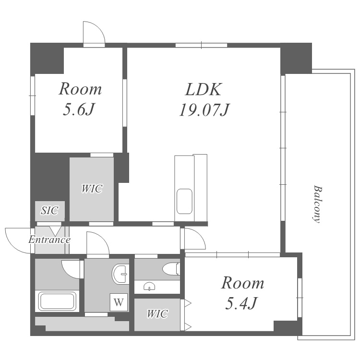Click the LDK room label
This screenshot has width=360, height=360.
pos(204,89)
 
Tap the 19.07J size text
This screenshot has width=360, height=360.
pos(204,110)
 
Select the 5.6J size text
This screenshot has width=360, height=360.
pos(79,109)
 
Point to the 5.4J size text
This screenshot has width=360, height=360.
pos(241,303)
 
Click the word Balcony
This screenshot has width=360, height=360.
pos(318,204)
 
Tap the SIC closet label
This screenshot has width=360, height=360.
pos(49,210)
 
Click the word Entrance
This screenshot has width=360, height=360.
pos(49,240)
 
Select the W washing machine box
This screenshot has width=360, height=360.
pos(119,302)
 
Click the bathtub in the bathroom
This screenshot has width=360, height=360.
pos(57,301)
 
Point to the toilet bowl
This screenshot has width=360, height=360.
pos(171,269)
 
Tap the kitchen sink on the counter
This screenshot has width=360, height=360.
pos(184,201)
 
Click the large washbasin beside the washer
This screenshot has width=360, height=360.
pos(120,274)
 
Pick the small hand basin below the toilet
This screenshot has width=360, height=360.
pos(149,287)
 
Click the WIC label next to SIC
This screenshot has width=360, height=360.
pos(92,189)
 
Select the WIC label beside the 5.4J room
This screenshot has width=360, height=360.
pos(157,313)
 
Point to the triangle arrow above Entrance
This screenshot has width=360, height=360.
pos(55,231)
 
